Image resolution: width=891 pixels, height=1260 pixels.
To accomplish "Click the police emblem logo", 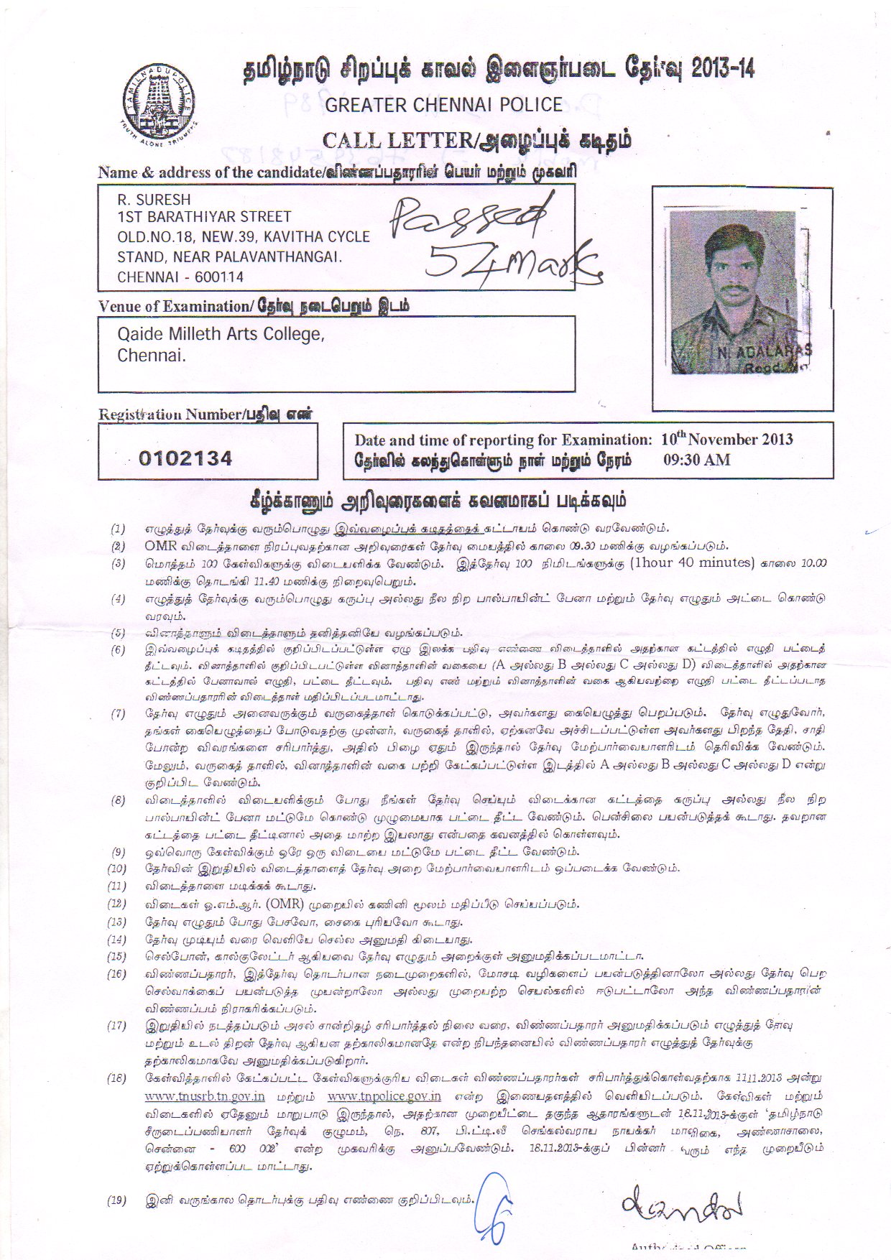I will point(159,105).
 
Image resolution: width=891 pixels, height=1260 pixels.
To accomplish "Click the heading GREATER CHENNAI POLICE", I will point(443,105).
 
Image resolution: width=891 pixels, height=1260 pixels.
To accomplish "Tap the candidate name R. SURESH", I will point(154,200).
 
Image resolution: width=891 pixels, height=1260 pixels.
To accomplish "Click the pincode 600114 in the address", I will point(221,277).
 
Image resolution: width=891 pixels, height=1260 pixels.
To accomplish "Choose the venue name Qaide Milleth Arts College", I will point(221,335).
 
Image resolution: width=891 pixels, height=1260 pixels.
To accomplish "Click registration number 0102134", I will point(185,458).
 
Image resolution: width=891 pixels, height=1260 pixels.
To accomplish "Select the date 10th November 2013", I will point(726,439).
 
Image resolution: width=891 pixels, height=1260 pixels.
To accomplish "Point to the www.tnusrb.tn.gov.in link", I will point(205,1097).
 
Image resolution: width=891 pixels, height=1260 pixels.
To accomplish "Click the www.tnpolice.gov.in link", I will point(384,1097).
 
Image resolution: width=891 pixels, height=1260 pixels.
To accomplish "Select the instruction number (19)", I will point(117,1200).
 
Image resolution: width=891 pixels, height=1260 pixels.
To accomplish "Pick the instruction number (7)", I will point(117,714).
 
